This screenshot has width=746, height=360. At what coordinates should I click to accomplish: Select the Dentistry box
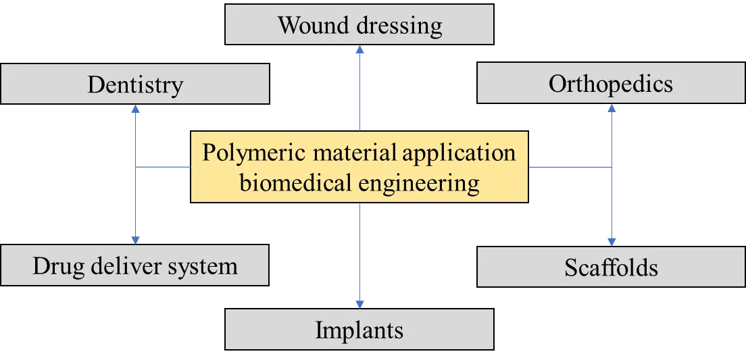point(135,84)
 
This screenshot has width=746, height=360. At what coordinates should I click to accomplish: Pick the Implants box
point(359,330)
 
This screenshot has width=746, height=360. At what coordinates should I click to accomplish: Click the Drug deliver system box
point(135,265)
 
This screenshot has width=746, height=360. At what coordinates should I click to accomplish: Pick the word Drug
point(55,265)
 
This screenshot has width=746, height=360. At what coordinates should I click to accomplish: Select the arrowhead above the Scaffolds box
point(612,240)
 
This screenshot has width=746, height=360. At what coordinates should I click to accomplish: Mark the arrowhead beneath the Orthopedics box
point(612,107)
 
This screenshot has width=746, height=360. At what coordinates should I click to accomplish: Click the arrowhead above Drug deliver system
point(136,238)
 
